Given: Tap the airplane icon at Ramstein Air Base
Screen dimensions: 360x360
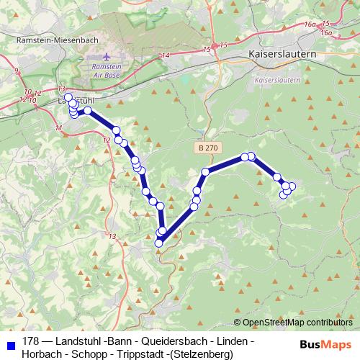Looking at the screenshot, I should (x=108, y=55).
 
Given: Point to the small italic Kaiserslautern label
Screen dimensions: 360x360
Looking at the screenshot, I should (x=278, y=80).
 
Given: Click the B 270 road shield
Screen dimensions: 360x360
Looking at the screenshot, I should (x=206, y=147).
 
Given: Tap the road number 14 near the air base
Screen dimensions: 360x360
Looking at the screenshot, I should (x=166, y=55).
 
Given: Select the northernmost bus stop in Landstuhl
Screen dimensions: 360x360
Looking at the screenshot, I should (x=68, y=97).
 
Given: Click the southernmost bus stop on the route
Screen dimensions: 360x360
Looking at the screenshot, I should (x=159, y=243).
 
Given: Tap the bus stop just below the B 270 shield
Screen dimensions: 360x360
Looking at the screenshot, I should (x=206, y=171).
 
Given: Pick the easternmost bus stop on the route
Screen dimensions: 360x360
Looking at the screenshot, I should (x=292, y=187).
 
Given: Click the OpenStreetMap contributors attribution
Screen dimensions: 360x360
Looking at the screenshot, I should (x=297, y=323).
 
